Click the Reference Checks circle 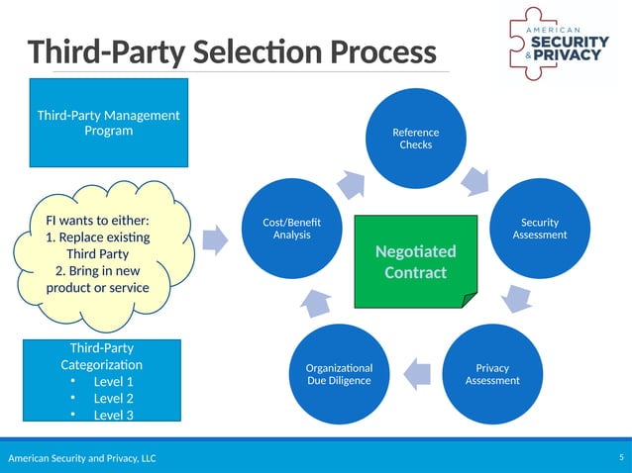coord(415,139)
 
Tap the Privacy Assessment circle coord(491,373)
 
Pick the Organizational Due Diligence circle coord(339,373)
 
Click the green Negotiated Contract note coord(415,261)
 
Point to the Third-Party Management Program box coord(108,123)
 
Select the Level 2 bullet coord(113,398)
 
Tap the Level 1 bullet coord(113,381)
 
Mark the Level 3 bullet coord(113,415)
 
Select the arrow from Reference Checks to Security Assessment coord(475,180)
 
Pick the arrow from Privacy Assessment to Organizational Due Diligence coord(418,371)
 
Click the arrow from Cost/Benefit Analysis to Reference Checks coord(351,183)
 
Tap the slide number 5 coord(620,457)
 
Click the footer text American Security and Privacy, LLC coord(82,458)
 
